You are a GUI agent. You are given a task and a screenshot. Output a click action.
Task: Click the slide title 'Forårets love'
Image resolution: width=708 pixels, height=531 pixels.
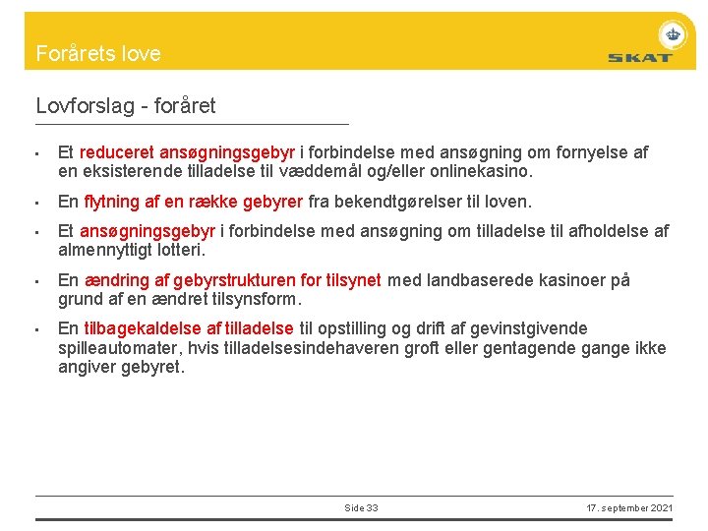(98, 54)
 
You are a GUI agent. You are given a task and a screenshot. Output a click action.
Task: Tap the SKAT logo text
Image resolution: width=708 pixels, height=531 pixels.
(639, 57)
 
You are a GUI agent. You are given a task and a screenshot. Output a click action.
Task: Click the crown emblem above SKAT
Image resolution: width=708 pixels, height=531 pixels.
(673, 33)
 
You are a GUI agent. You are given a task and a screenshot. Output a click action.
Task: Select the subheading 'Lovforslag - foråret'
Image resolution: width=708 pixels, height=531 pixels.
(126, 105)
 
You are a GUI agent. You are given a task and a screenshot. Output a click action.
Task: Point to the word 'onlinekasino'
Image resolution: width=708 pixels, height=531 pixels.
(484, 171)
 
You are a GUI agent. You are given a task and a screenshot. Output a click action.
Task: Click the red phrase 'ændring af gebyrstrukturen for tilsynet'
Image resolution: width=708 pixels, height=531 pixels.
(232, 280)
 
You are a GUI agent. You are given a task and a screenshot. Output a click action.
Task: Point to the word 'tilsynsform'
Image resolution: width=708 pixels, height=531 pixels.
(257, 298)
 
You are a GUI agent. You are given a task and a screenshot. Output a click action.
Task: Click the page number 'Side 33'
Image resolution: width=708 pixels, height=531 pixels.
(361, 507)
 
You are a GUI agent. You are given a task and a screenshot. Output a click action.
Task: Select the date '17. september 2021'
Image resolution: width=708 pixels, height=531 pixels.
(629, 507)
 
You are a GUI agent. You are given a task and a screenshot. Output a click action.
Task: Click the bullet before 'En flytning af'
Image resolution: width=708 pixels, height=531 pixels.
(36, 204)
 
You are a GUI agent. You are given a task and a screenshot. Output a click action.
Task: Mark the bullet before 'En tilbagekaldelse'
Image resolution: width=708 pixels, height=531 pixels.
(36, 329)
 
